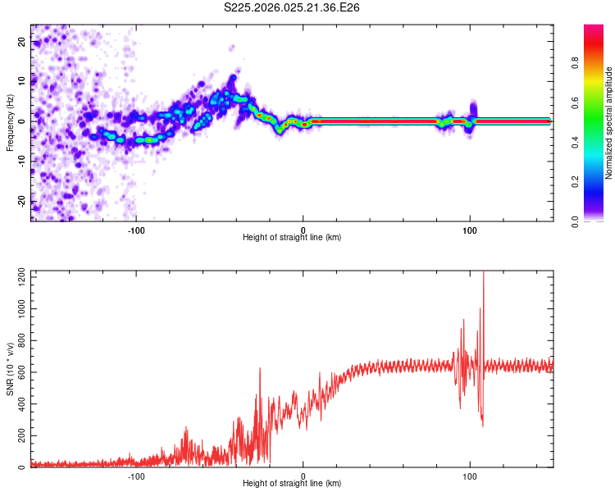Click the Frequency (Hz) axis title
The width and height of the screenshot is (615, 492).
tap(10, 123)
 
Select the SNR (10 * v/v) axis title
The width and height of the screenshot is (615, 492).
tap(10, 370)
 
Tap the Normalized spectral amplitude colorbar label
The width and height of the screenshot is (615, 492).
tap(609, 123)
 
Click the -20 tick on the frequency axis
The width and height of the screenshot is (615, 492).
tap(20, 201)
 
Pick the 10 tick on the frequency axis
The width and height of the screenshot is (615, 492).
tap(22, 81)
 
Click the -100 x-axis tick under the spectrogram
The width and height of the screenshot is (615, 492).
tap(136, 229)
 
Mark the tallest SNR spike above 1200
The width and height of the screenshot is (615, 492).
tap(483, 275)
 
